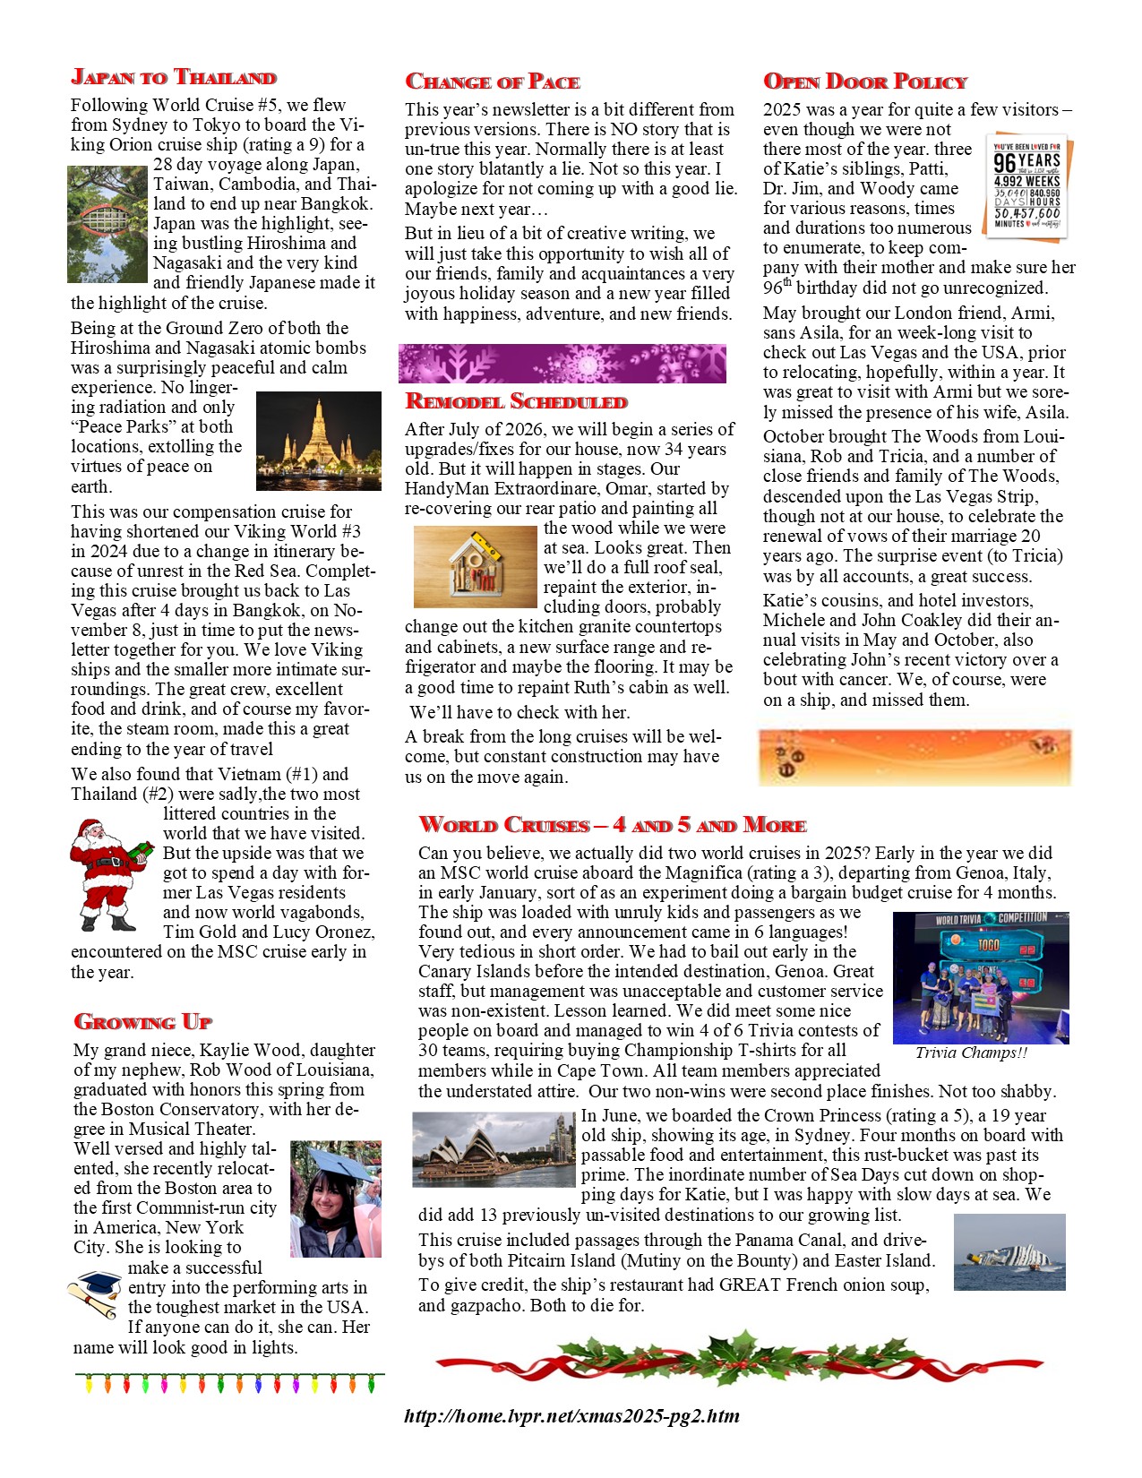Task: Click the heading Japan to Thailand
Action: (x=174, y=77)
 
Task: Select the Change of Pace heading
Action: (x=493, y=82)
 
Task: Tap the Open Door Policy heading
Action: (x=865, y=82)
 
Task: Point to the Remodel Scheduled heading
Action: (x=517, y=401)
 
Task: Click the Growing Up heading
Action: (x=143, y=1022)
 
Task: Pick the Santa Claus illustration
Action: (x=109, y=875)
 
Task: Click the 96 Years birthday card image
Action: (x=1026, y=186)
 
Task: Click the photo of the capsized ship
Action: (x=1009, y=1252)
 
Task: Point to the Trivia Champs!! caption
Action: (x=971, y=1053)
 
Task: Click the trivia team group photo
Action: (x=981, y=977)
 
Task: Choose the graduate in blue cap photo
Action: (x=336, y=1199)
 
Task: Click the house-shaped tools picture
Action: (x=475, y=567)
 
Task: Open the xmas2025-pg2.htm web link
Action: (x=571, y=1416)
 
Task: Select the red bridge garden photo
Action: (x=107, y=224)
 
